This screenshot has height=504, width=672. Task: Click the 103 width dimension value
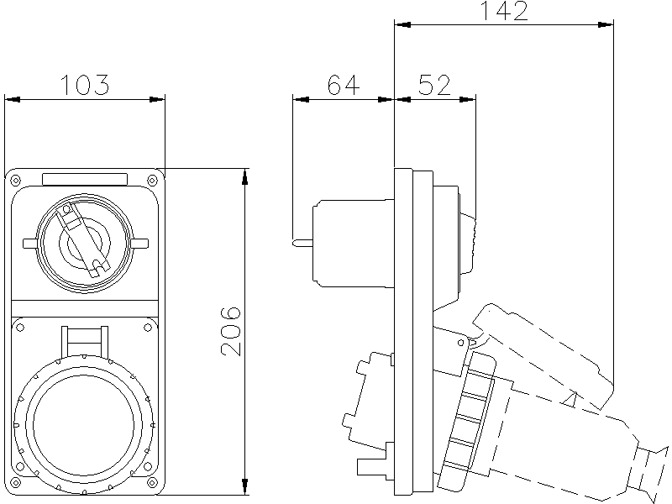pos(85,85)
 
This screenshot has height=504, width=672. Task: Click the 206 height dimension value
pos(232,330)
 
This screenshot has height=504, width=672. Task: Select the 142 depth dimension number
pos(504,11)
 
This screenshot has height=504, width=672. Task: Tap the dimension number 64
pos(342,85)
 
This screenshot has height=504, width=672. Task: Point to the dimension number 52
pos(433,85)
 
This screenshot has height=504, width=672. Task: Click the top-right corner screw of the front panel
pos(152,179)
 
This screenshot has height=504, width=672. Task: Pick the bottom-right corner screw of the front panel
pos(152,485)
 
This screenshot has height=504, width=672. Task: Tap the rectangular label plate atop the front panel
pos(85,178)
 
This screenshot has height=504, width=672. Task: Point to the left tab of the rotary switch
pos(31,244)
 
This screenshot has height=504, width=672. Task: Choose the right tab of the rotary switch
pos(139,244)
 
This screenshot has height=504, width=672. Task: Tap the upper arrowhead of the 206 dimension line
pos(244,176)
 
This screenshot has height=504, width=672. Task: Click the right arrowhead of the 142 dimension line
pos(606,25)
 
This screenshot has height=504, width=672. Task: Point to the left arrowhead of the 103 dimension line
pos(12,100)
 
